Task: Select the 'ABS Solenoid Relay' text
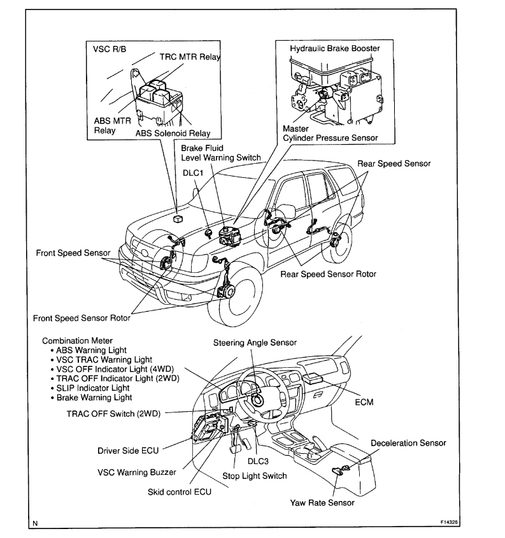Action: coord(173,134)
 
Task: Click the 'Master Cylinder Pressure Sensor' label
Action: coord(329,133)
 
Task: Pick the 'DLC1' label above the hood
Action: coord(194,171)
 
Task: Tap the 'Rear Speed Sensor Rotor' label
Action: coord(329,275)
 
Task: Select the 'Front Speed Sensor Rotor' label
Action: coord(82,317)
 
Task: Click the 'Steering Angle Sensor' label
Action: coord(255,343)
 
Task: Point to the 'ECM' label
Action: coord(364,402)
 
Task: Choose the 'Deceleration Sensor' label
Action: coord(409,443)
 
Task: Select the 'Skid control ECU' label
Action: coord(179,491)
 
